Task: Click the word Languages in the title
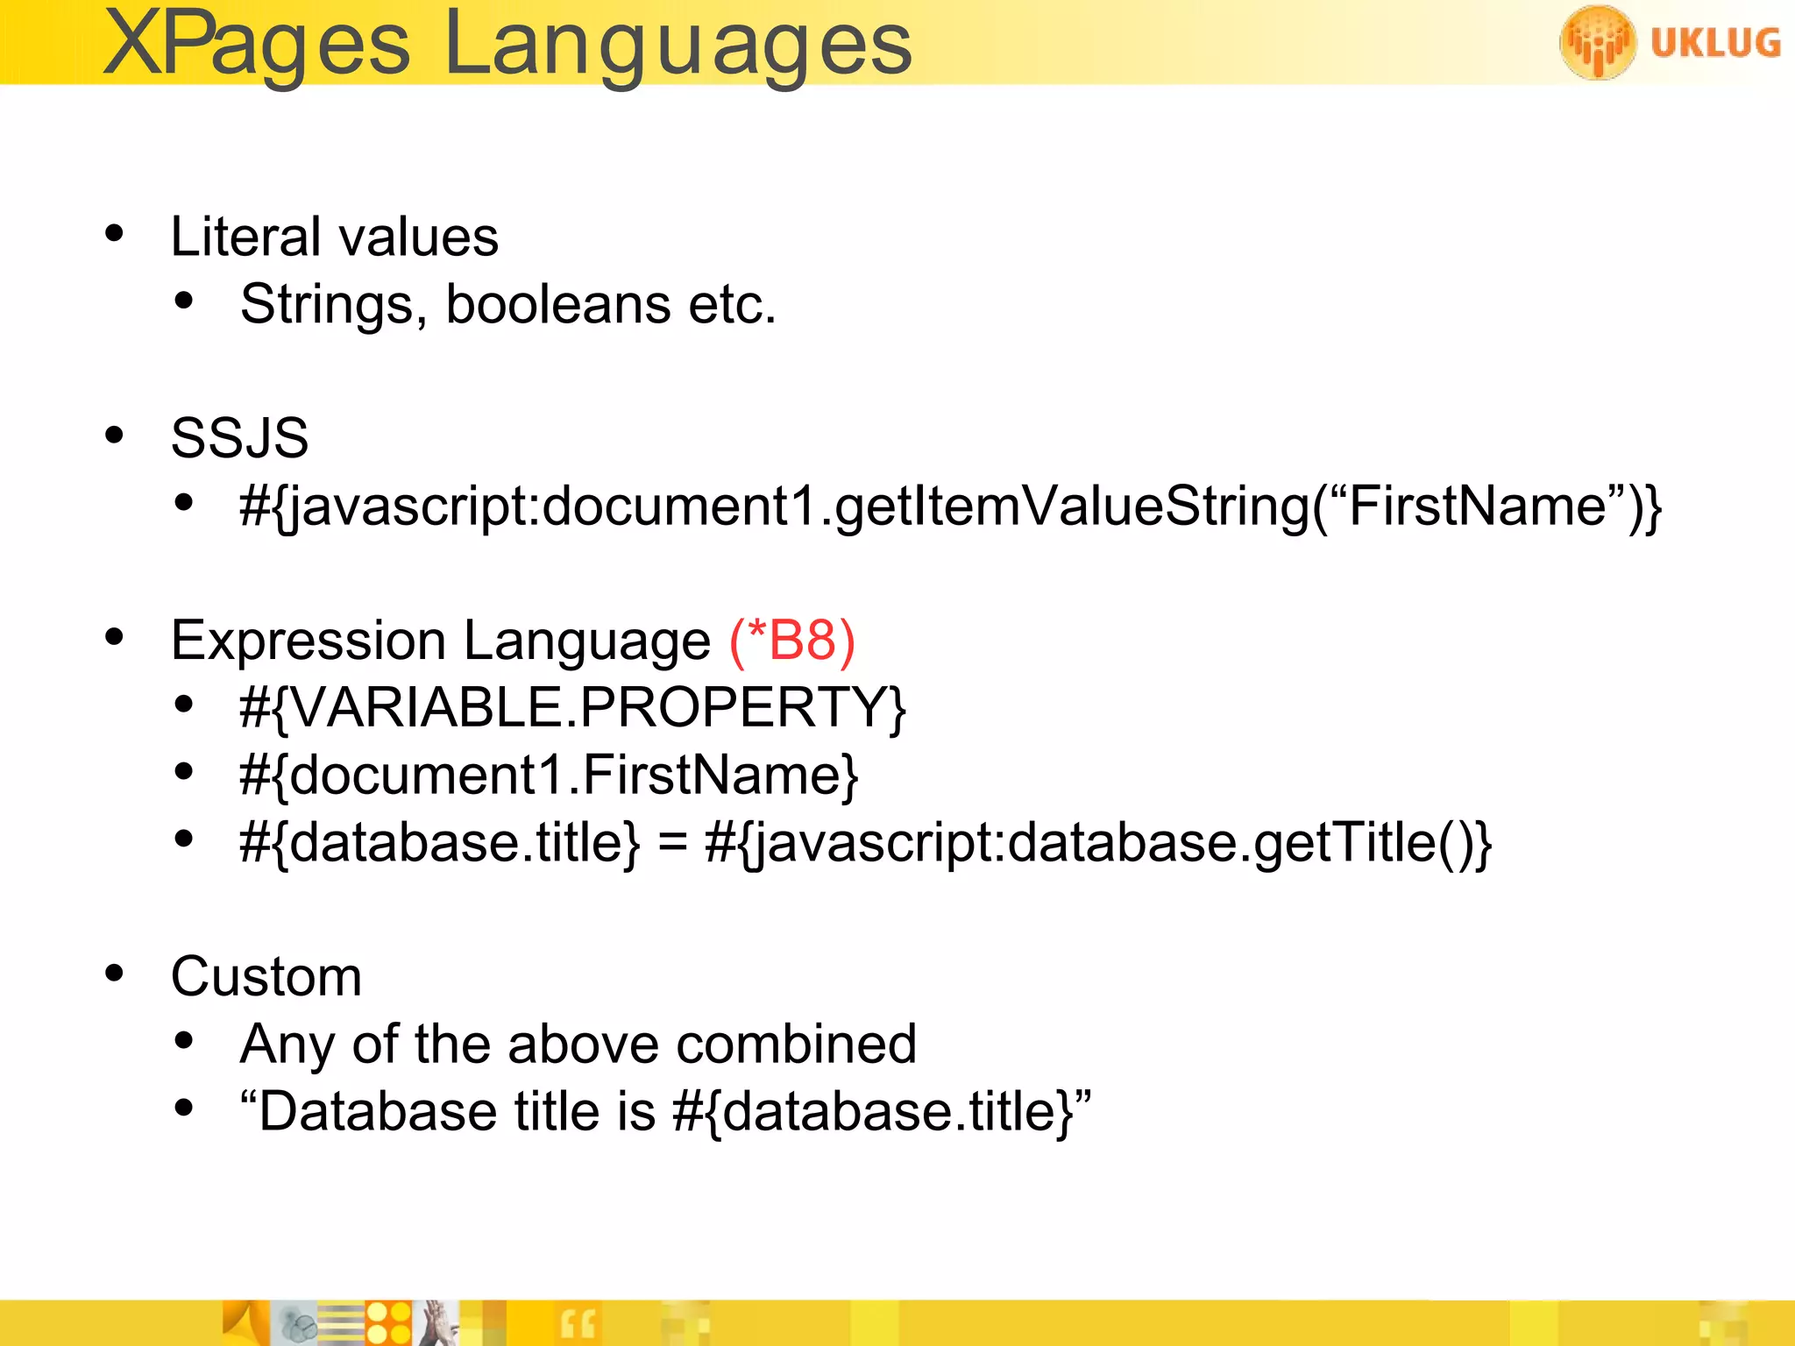coord(678,46)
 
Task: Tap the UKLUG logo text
coord(1715,43)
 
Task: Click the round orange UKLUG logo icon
coord(1597,42)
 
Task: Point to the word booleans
coord(558,304)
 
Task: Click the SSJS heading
coord(239,438)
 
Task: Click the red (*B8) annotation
coord(791,641)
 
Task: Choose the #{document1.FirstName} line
coord(549,776)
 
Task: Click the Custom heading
coord(266,976)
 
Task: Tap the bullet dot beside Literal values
coord(114,235)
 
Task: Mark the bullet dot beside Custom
coord(114,974)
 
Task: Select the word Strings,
coord(334,304)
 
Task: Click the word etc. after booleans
coord(733,304)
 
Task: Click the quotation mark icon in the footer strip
coord(578,1324)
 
